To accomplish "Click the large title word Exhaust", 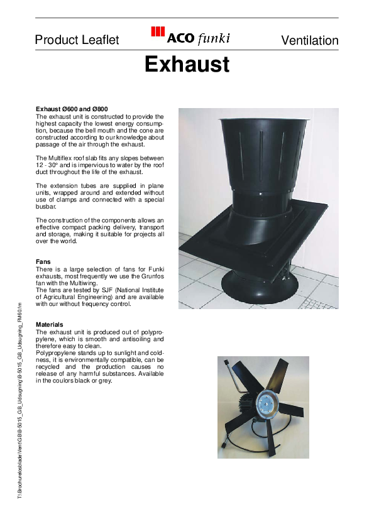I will point(187,64).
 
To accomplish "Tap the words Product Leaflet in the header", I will point(77,40).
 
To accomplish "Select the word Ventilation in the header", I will point(310,40).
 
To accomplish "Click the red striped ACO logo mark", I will point(158,34).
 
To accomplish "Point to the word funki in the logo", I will point(214,39).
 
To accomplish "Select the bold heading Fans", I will point(43,261).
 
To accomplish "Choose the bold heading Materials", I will point(50,324).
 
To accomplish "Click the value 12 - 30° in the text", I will point(48,165).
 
